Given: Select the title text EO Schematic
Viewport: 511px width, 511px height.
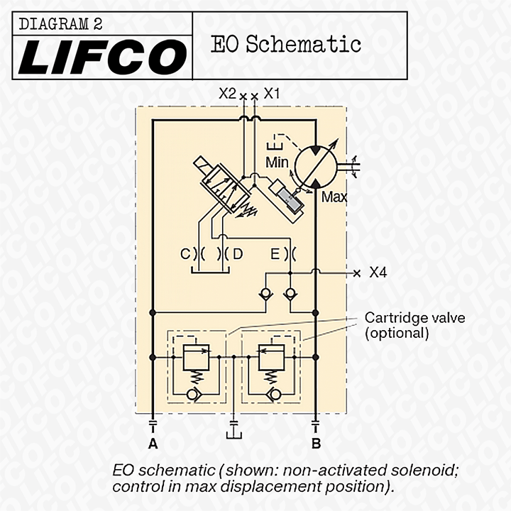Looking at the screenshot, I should pos(286,45).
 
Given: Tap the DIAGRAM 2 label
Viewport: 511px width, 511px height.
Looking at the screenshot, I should pos(61,24).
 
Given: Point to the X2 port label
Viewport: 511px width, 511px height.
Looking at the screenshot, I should pos(227,93).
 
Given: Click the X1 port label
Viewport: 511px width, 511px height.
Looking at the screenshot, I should pos(272,93).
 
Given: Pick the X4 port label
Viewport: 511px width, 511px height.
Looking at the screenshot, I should pos(378,273).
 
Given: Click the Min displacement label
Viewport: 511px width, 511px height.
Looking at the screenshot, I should pos(277,163).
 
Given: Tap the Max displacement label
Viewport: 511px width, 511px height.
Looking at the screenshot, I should pos(334,197).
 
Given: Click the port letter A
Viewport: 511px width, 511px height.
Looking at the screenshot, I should pos(152,444).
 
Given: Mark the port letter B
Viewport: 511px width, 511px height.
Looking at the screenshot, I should pos(317,444).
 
